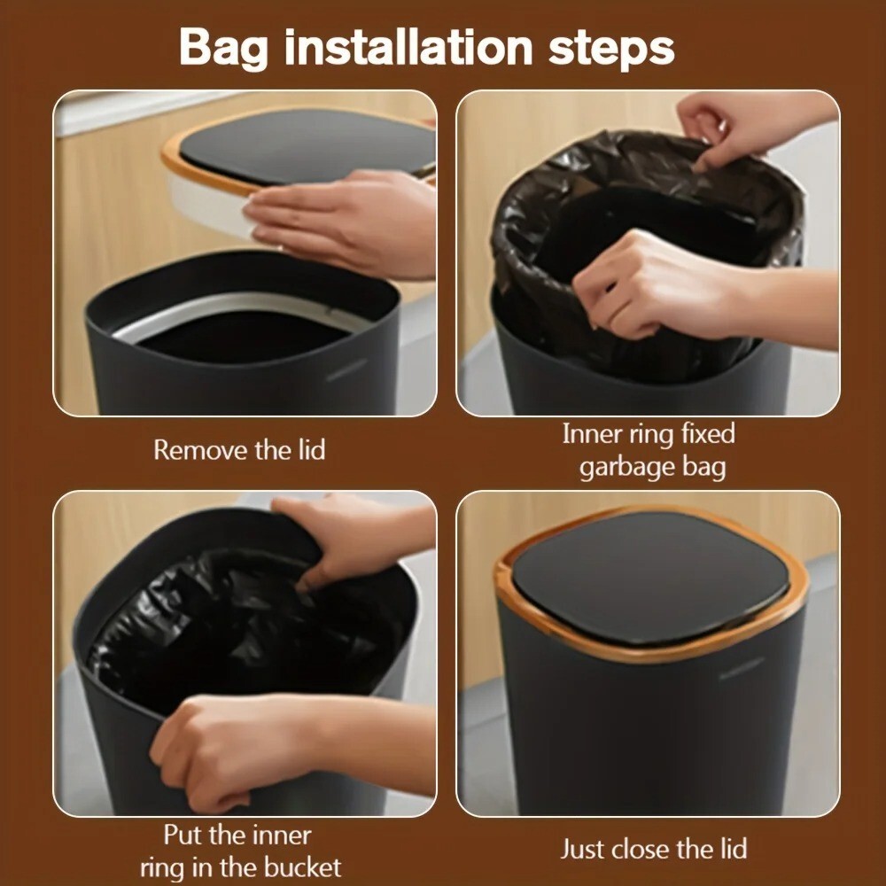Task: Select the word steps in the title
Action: [611, 50]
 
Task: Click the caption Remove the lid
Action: [239, 450]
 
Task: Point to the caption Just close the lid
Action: [654, 850]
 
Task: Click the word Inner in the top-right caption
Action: [591, 434]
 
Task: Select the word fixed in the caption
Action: [708, 434]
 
